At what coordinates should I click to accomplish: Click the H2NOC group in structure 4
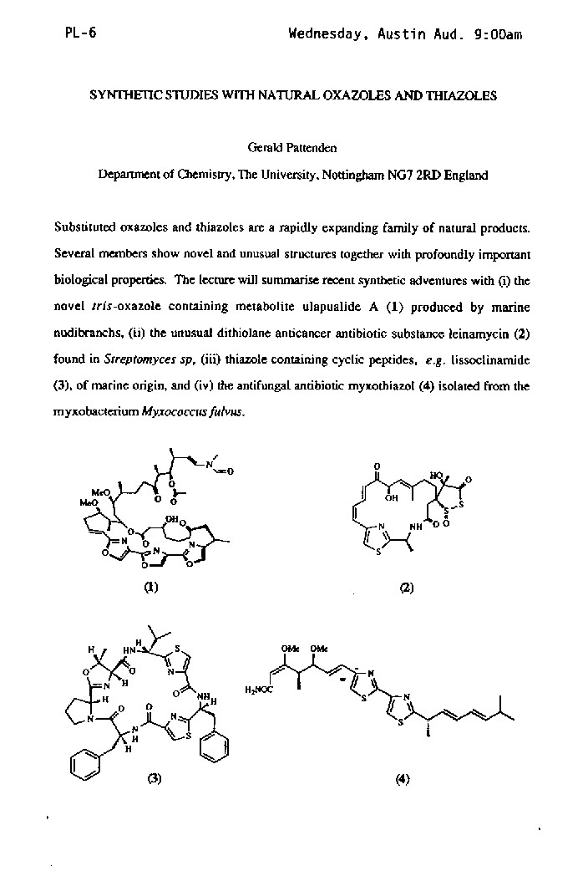coord(258,690)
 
